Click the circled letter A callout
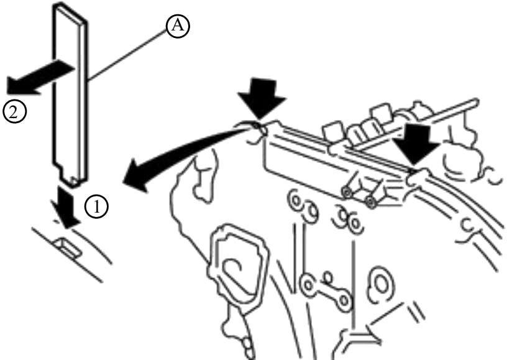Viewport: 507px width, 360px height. [x=178, y=25]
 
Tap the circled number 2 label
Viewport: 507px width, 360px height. [x=14, y=112]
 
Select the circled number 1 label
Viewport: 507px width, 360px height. [x=97, y=206]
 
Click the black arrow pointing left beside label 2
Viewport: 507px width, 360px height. [x=40, y=78]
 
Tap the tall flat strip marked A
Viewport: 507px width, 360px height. [x=70, y=94]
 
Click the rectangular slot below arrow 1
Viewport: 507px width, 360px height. [x=68, y=247]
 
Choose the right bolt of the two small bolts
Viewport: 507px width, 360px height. [x=370, y=202]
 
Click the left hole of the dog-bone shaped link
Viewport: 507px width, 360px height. [x=308, y=285]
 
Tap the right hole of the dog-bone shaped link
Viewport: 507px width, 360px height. [x=344, y=301]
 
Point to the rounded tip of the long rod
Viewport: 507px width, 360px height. [x=474, y=102]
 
